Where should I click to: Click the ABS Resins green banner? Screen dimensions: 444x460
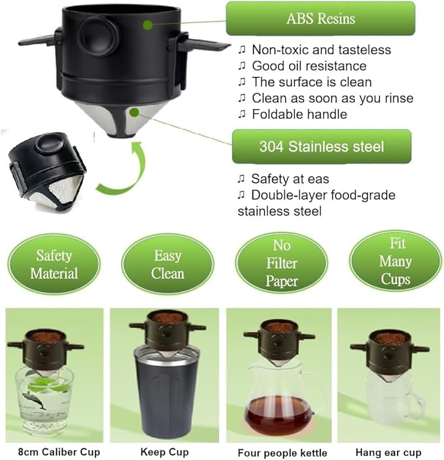pyautogui.click(x=320, y=18)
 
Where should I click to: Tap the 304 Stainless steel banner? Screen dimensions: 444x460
pyautogui.click(x=322, y=146)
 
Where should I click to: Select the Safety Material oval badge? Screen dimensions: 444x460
pyautogui.click(x=54, y=265)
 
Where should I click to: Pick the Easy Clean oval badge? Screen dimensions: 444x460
pyautogui.click(x=167, y=265)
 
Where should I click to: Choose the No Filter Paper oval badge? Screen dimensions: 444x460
pyautogui.click(x=282, y=263)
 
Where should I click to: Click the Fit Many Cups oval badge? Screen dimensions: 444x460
pyautogui.click(x=395, y=261)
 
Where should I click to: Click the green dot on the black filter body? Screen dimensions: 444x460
pyautogui.click(x=148, y=25)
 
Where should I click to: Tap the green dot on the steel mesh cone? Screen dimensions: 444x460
pyautogui.click(x=134, y=112)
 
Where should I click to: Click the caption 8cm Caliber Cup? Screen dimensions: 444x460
pyautogui.click(x=59, y=452)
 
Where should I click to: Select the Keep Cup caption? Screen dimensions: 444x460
pyautogui.click(x=164, y=452)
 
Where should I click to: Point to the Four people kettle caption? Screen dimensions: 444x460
pyautogui.click(x=282, y=453)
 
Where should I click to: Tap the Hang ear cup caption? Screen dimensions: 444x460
pyautogui.click(x=388, y=452)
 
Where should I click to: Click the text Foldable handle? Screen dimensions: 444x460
pyautogui.click(x=299, y=114)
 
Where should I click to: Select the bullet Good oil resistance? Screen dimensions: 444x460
pyautogui.click(x=309, y=66)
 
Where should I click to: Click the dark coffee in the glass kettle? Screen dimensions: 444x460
pyautogui.click(x=279, y=415)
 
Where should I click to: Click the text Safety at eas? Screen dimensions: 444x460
pyautogui.click(x=290, y=179)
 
